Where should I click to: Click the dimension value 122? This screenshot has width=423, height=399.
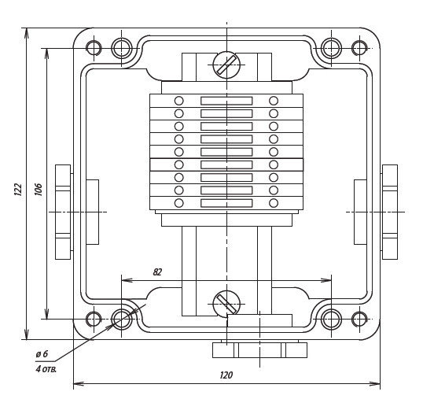[x=17, y=190]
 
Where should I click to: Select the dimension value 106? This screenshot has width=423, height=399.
[x=39, y=190]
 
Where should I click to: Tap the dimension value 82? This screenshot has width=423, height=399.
[x=157, y=272]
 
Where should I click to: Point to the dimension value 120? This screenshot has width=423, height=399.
[x=226, y=375]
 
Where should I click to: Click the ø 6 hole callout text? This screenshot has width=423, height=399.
[x=42, y=353]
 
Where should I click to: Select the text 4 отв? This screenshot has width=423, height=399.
[x=46, y=369]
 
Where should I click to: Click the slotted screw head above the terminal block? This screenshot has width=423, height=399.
[x=226, y=65]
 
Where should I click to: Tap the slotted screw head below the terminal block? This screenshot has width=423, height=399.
[x=226, y=305]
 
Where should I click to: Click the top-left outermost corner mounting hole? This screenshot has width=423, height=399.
[x=94, y=48]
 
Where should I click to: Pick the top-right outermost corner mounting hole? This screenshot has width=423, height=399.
[x=359, y=48]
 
